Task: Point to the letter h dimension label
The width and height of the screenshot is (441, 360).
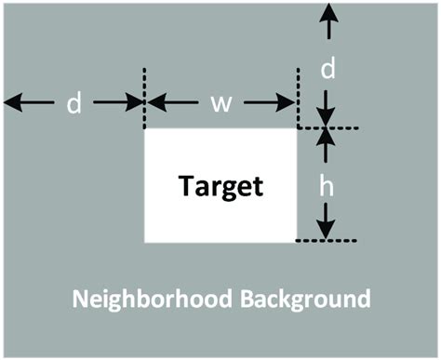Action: tap(327, 186)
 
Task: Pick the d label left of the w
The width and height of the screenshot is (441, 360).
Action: tap(74, 103)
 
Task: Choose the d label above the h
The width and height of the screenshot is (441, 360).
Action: tap(327, 68)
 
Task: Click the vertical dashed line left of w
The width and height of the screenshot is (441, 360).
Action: tap(144, 97)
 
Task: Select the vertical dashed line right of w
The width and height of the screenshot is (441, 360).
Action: tap(297, 97)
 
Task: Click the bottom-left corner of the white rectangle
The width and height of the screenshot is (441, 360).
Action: tap(145, 242)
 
